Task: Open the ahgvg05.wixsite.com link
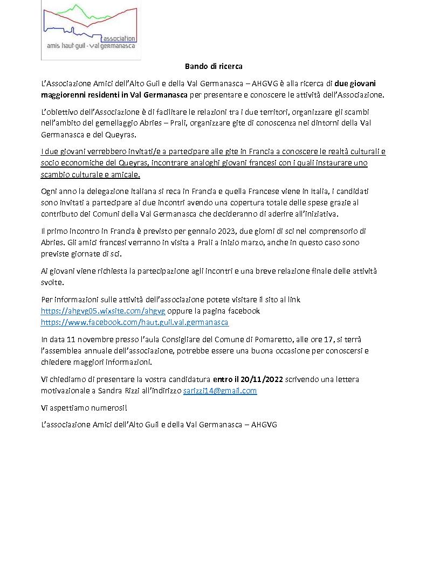[x=104, y=311]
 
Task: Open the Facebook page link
[x=135, y=322]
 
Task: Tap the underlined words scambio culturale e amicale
[x=91, y=175]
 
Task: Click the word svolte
[x=52, y=282]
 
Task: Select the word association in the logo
[x=119, y=39]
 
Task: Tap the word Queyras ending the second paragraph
[x=123, y=134]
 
